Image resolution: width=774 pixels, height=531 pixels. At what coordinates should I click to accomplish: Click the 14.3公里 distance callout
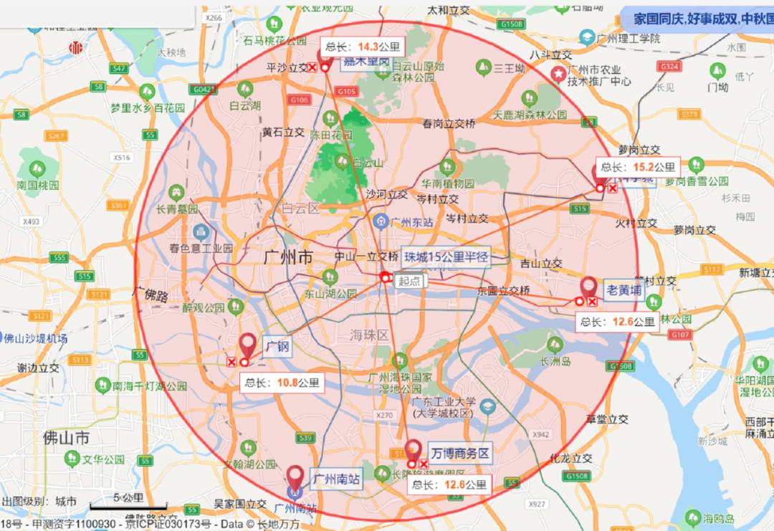tap(363, 47)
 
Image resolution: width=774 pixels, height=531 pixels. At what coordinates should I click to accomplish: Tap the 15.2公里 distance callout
tap(638, 167)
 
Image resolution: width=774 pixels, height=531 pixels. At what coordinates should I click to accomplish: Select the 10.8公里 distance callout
tap(282, 383)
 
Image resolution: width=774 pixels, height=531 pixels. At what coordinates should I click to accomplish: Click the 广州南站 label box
tap(336, 479)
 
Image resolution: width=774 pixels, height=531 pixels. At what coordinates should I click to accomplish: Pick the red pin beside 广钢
tap(248, 345)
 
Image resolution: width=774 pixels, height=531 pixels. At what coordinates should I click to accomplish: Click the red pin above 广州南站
tap(295, 477)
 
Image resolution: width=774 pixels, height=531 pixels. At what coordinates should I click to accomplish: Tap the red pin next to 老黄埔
tap(589, 288)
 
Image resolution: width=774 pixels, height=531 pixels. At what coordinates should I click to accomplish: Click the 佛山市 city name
tap(66, 437)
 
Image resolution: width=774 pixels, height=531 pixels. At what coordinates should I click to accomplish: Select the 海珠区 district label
tap(369, 335)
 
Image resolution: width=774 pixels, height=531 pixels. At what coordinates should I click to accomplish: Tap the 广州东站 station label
tap(413, 222)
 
